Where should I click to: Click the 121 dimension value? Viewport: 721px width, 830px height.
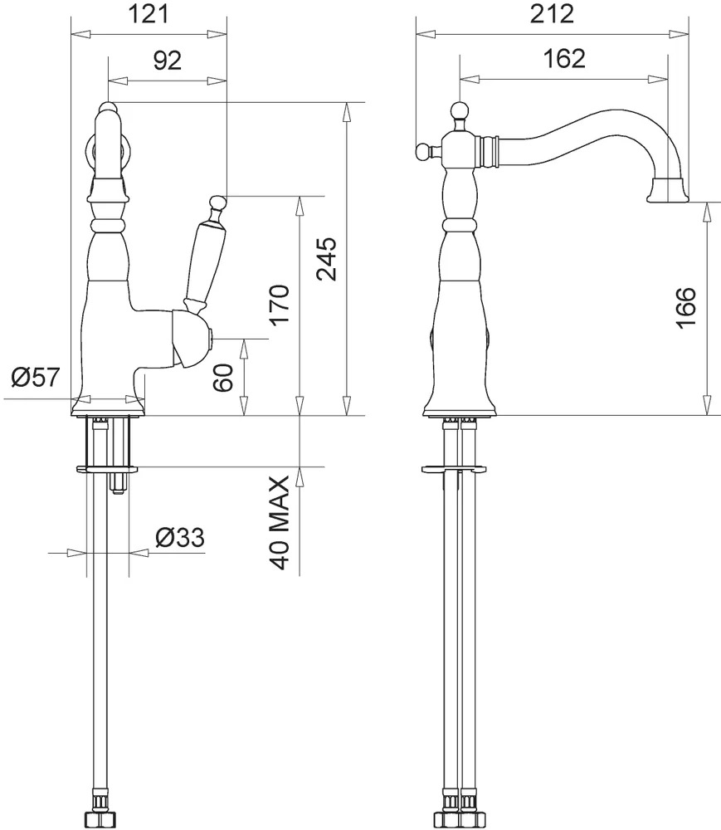pyautogui.click(x=149, y=14)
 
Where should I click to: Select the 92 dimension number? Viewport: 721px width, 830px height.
pyautogui.click(x=167, y=61)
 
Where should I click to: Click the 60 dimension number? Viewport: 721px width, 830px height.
pyautogui.click(x=223, y=377)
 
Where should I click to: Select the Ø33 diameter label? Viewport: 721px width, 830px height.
pyautogui.click(x=180, y=538)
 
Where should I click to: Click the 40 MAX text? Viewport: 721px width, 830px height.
pyautogui.click(x=279, y=522)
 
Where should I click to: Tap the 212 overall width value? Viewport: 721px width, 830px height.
pyautogui.click(x=552, y=14)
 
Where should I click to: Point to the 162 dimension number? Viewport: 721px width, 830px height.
pyautogui.click(x=564, y=58)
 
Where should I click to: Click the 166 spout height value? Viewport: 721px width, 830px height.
pyautogui.click(x=686, y=308)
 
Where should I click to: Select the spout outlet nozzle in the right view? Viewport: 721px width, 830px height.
pyautogui.click(x=668, y=190)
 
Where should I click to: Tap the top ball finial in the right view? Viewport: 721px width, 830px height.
pyautogui.click(x=460, y=112)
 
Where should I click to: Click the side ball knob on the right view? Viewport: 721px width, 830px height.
pyautogui.click(x=423, y=152)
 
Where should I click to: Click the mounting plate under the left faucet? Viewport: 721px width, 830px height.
pyautogui.click(x=107, y=468)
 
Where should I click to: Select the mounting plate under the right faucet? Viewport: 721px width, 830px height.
pyautogui.click(x=453, y=468)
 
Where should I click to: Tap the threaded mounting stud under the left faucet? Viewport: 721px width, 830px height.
pyautogui.click(x=118, y=483)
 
